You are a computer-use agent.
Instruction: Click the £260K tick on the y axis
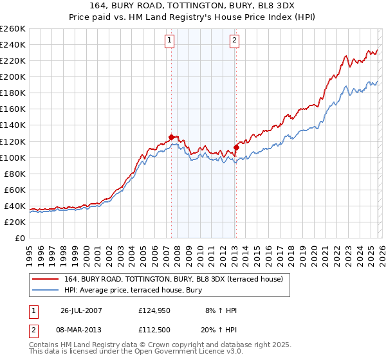pyautogui.click(x=13, y=29)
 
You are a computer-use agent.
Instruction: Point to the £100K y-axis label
pyautogui.click(x=13, y=157)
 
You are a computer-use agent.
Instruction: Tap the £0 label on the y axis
pyautogui.click(x=21, y=238)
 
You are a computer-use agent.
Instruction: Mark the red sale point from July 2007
pyautogui.click(x=171, y=137)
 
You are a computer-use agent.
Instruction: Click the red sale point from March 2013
pyautogui.click(x=236, y=147)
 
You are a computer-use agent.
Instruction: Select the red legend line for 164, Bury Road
pyautogui.click(x=46, y=278)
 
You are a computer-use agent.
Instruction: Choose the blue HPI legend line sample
pyautogui.click(x=46, y=289)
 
